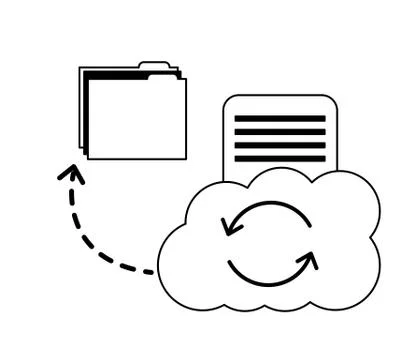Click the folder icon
[134, 113]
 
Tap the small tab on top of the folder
[155, 66]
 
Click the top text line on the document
[280, 119]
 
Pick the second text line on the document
[280, 132]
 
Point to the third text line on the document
[280, 145]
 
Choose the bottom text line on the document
[280, 158]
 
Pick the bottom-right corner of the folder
[185, 158]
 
